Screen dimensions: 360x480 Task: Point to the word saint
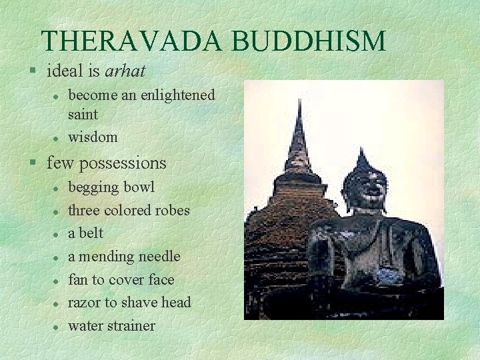83,114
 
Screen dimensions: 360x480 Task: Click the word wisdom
93,137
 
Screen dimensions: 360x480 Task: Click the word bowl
138,187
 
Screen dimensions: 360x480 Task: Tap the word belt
92,233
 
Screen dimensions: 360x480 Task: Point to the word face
161,280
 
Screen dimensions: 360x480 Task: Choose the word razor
84,303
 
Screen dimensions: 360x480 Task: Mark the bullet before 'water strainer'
58,327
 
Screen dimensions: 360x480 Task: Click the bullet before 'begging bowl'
58,188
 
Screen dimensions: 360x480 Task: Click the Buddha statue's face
364,190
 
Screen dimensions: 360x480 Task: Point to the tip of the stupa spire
299,102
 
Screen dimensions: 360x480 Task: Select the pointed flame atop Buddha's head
362,157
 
